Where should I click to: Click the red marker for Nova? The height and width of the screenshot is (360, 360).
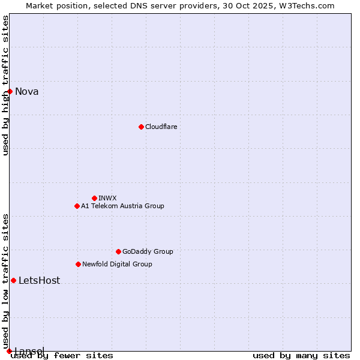point(10,91)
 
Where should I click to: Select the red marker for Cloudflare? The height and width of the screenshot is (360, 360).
point(141,127)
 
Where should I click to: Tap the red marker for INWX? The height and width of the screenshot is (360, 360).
point(94,198)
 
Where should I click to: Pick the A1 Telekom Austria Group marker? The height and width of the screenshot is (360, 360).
point(77,206)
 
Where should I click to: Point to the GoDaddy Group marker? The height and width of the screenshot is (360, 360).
point(118,251)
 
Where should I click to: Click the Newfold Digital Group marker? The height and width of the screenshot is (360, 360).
point(78,264)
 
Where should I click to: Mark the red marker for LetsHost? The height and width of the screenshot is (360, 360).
point(13,280)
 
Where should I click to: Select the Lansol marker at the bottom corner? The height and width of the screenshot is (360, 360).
point(9,351)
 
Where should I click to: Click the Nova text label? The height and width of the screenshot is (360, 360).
point(27,92)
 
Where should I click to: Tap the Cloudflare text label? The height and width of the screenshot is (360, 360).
point(161,127)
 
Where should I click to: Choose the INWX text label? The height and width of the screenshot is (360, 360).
point(107,198)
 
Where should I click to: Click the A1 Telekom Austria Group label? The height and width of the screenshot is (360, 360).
point(122,206)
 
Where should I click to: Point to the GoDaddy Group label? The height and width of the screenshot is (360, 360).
point(148,251)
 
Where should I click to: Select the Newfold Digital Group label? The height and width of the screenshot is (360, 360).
point(117,264)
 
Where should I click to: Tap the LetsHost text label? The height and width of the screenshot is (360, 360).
point(39,281)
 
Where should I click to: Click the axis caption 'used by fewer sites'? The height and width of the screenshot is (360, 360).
point(62,355)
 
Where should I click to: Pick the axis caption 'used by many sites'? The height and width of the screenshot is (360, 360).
point(301,355)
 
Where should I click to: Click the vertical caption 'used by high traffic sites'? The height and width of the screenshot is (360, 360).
point(5,85)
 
